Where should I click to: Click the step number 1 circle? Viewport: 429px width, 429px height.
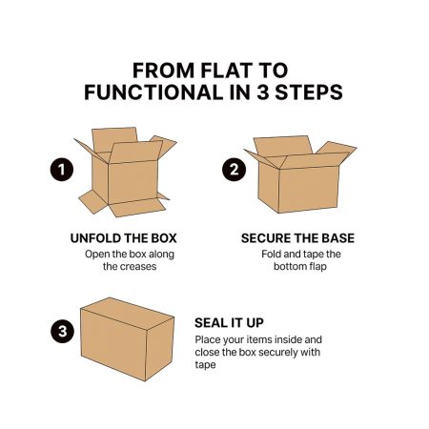tap(62, 170)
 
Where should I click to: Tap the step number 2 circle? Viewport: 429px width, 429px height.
tap(234, 170)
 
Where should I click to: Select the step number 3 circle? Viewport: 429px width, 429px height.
tap(62, 331)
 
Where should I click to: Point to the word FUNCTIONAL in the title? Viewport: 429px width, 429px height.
tap(153, 92)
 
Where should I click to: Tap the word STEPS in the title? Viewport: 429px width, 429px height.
tap(309, 92)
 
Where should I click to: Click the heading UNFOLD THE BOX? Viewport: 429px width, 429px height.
tap(123, 238)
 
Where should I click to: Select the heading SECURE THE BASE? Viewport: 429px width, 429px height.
tap(297, 238)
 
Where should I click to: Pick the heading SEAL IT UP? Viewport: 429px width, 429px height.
tap(229, 323)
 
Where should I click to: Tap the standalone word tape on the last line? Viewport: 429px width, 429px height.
tap(205, 365)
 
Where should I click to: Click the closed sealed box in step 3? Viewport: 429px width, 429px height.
tap(127, 339)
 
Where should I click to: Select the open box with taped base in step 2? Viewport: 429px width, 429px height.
tap(300, 174)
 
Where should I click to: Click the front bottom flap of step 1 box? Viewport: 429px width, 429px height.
tap(137, 208)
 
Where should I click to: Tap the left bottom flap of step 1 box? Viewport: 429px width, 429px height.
tap(93, 201)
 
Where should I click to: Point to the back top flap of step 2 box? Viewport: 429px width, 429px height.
tap(283, 146)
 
